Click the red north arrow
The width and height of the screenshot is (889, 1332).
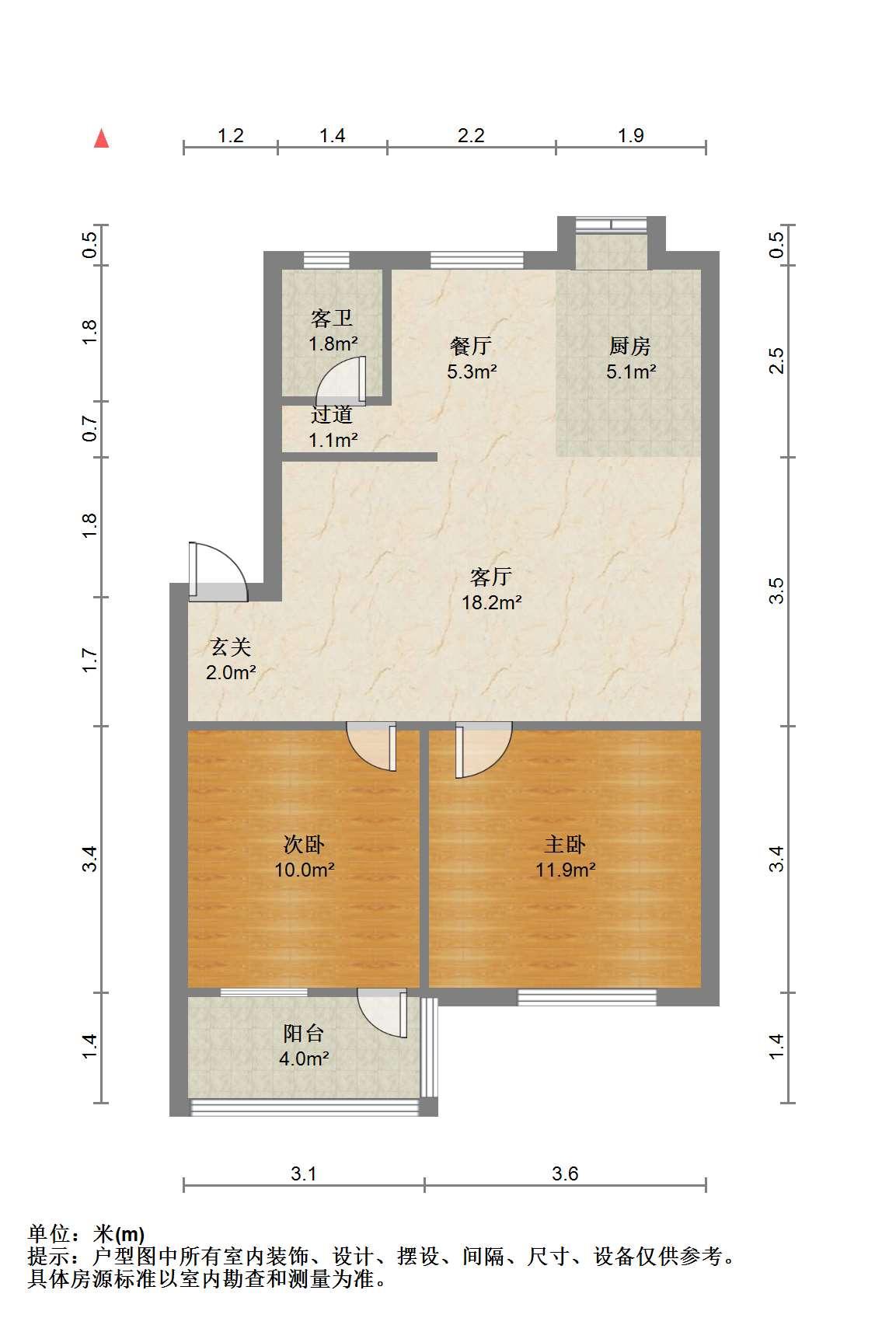[x=102, y=138]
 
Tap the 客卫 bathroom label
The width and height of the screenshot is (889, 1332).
[x=332, y=319]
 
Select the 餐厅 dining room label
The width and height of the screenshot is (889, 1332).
[x=471, y=346]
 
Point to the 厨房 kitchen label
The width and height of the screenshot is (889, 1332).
[x=629, y=346]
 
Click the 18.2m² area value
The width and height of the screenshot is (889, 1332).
[x=492, y=602]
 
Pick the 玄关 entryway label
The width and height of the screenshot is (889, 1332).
[x=231, y=647]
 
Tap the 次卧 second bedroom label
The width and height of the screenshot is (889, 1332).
[x=304, y=844]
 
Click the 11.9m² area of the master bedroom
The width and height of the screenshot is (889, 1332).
[x=566, y=870]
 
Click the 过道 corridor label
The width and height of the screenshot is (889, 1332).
[x=332, y=414]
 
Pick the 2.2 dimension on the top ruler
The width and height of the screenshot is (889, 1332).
[x=471, y=135]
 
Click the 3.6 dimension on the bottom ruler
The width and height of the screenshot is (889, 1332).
[x=565, y=1173]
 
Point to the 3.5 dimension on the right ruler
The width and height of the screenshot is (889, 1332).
[x=776, y=591]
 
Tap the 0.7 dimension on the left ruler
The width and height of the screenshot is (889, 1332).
[x=89, y=428]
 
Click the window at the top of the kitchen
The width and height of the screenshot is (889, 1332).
[x=612, y=224]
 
